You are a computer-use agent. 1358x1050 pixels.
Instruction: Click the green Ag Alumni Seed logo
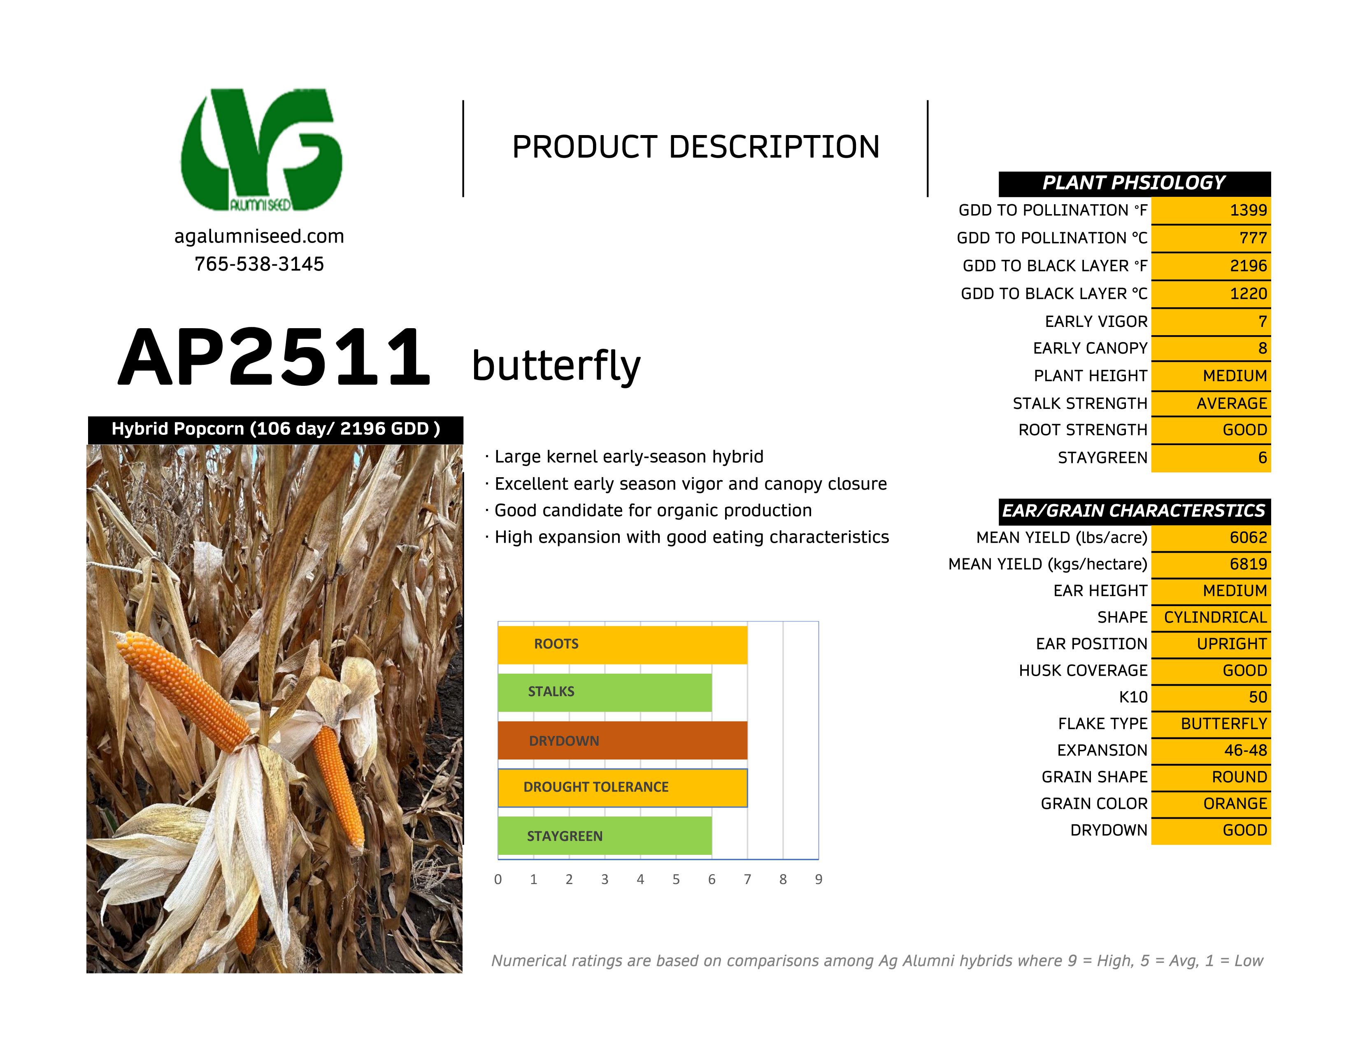261,149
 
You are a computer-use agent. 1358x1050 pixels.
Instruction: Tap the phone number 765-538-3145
259,264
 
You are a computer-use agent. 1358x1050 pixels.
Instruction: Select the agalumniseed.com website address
259,236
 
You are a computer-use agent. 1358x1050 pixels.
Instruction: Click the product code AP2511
274,358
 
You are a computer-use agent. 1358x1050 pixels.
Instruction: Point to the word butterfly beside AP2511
556,365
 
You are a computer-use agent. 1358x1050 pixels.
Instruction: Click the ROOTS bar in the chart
622,644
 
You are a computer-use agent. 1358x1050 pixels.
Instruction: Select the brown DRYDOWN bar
622,740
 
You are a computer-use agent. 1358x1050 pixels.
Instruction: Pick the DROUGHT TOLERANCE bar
622,787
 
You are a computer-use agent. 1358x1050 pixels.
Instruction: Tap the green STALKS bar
605,692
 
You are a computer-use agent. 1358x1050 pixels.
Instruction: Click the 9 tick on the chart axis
818,880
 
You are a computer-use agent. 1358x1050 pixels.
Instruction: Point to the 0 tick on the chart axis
498,880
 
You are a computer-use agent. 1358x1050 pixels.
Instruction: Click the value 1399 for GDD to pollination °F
1248,210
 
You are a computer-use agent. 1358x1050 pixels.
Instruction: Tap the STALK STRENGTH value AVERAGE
1231,404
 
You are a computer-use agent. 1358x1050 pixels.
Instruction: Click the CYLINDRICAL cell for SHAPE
1211,618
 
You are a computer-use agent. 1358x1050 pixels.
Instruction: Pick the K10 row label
1133,697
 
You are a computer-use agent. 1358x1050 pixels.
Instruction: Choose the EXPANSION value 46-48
1246,750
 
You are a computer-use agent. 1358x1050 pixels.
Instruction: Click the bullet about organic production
649,511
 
